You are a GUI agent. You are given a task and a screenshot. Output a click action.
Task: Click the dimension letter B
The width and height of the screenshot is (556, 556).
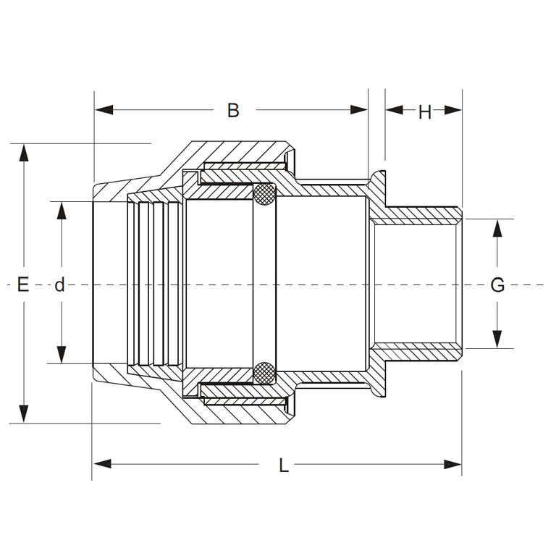(233, 110)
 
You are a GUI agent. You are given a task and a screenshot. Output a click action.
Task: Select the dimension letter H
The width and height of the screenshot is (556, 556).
(424, 111)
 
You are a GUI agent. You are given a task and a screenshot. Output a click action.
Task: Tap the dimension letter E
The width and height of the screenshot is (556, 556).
(23, 285)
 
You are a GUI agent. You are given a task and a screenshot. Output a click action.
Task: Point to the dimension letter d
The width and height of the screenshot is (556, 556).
(60, 285)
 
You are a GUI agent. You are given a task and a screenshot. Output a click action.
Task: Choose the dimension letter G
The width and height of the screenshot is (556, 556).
(497, 285)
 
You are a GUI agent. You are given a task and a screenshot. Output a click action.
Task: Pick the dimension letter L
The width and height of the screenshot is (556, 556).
(284, 466)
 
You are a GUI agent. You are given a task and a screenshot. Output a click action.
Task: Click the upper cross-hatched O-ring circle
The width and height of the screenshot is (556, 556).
(265, 194)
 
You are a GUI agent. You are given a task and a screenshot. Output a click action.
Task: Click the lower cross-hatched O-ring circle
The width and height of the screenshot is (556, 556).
(265, 373)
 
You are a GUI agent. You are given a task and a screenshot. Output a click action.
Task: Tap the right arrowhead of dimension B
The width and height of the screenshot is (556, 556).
(360, 110)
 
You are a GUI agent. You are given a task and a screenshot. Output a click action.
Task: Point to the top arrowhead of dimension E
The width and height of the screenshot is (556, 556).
(25, 153)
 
